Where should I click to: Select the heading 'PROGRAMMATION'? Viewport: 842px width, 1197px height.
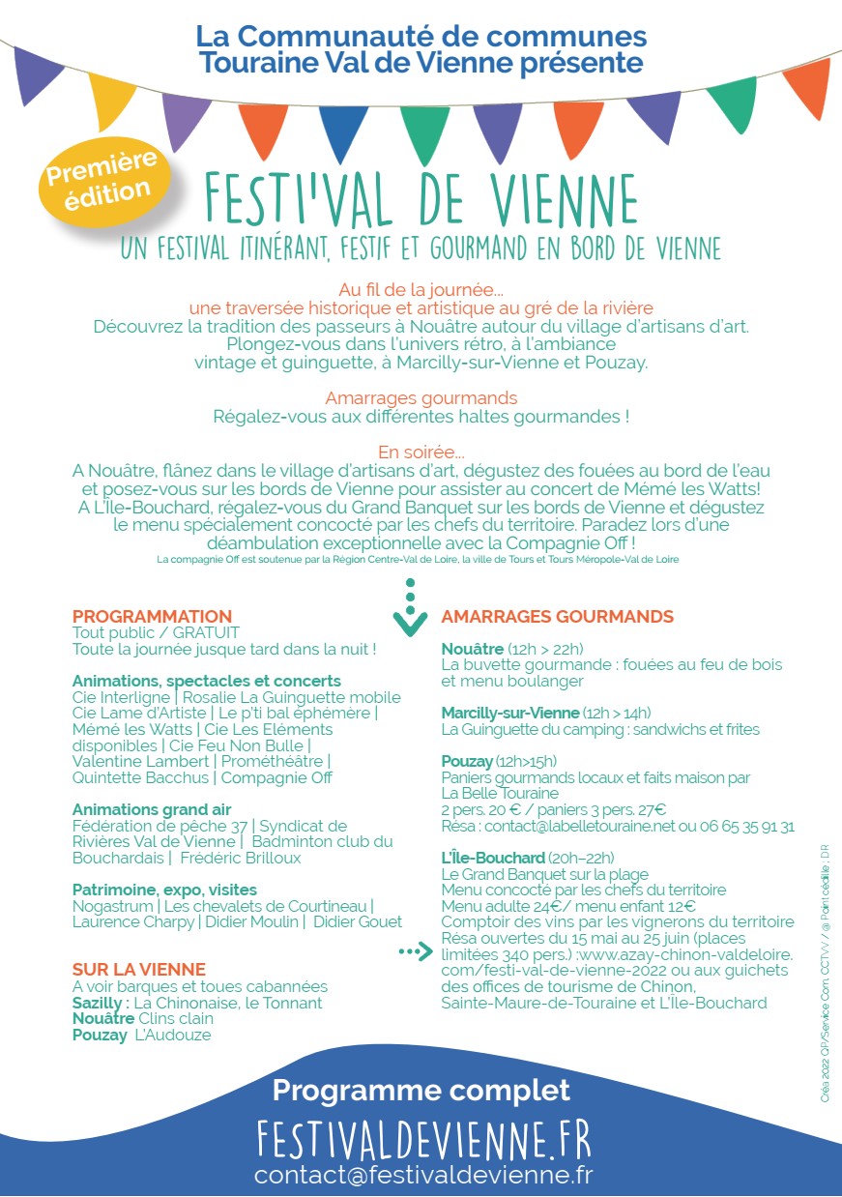(152, 616)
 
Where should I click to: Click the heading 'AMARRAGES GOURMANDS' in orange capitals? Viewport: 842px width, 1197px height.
(557, 617)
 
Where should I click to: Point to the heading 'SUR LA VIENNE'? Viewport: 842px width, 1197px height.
(139, 970)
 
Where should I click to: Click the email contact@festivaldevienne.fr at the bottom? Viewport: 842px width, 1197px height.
(422, 1176)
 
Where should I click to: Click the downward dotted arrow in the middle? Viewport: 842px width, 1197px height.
(410, 606)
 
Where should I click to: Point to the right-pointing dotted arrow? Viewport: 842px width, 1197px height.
(416, 952)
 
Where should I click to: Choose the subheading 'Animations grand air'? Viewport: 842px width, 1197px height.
(152, 809)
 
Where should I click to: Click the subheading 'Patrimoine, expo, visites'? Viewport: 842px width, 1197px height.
(164, 890)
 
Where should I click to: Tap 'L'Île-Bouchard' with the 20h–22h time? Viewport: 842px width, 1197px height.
(493, 858)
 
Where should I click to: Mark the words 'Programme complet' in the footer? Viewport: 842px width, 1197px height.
(421, 1091)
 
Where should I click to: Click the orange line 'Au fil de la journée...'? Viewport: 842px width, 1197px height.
(421, 290)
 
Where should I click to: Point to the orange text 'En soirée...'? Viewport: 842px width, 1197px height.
(421, 452)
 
